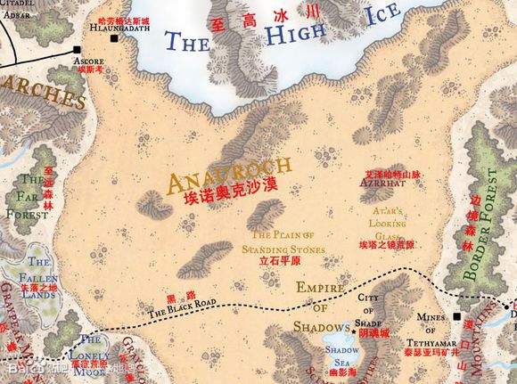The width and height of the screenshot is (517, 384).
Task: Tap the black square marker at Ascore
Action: [x=78, y=50]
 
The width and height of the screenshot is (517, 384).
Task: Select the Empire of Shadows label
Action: [x=325, y=306]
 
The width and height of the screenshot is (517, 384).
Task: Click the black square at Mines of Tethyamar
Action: [x=457, y=316]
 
